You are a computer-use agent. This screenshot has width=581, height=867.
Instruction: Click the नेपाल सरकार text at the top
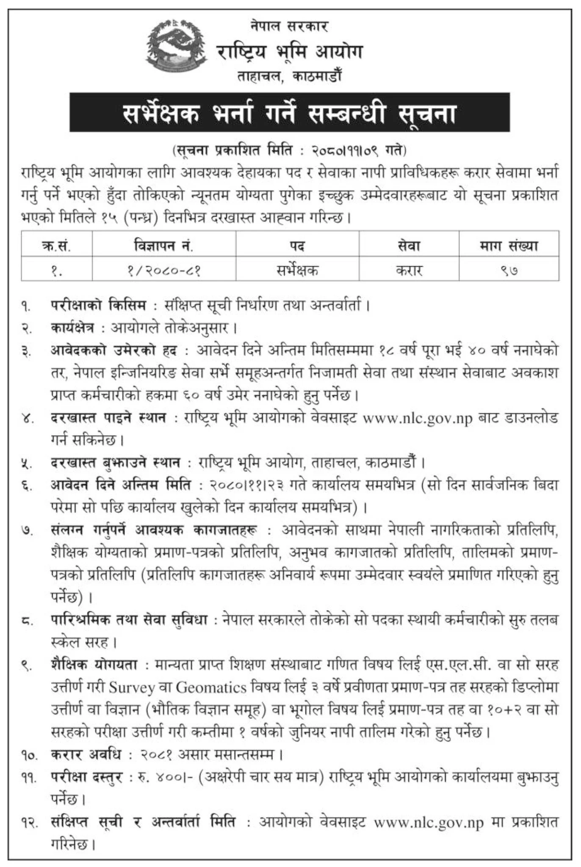coord(289,26)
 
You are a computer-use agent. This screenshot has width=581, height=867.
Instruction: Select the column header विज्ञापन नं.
coord(163,246)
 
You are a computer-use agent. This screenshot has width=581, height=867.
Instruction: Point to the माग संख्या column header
coord(509,246)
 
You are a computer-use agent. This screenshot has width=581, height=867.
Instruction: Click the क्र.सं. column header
coord(57,246)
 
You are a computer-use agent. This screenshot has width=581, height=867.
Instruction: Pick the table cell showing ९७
coord(509,269)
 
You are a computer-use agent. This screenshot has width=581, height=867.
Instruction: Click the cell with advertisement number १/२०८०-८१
coord(163,269)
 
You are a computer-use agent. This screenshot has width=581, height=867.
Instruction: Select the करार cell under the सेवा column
coord(409,269)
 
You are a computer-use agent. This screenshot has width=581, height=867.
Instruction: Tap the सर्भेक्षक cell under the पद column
coord(297,269)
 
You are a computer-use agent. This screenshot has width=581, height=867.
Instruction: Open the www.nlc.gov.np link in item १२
coord(429,822)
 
